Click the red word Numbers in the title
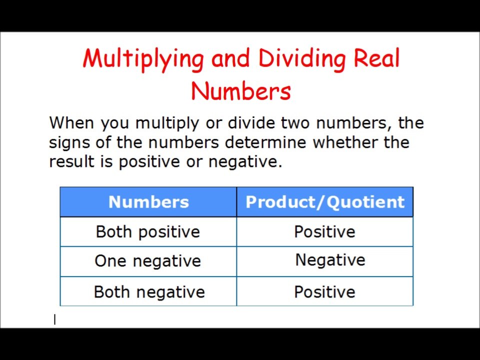(x=240, y=91)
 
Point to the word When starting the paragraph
(x=72, y=122)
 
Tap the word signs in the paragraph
(x=70, y=142)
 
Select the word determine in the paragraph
(x=266, y=142)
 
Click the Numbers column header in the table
(x=148, y=202)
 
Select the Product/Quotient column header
(x=325, y=202)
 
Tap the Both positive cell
(x=148, y=232)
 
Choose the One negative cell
(x=147, y=261)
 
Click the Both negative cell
(x=149, y=291)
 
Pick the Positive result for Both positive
(x=324, y=232)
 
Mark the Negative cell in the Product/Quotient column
(x=330, y=260)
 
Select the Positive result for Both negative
(x=324, y=291)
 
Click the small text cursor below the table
(x=55, y=320)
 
